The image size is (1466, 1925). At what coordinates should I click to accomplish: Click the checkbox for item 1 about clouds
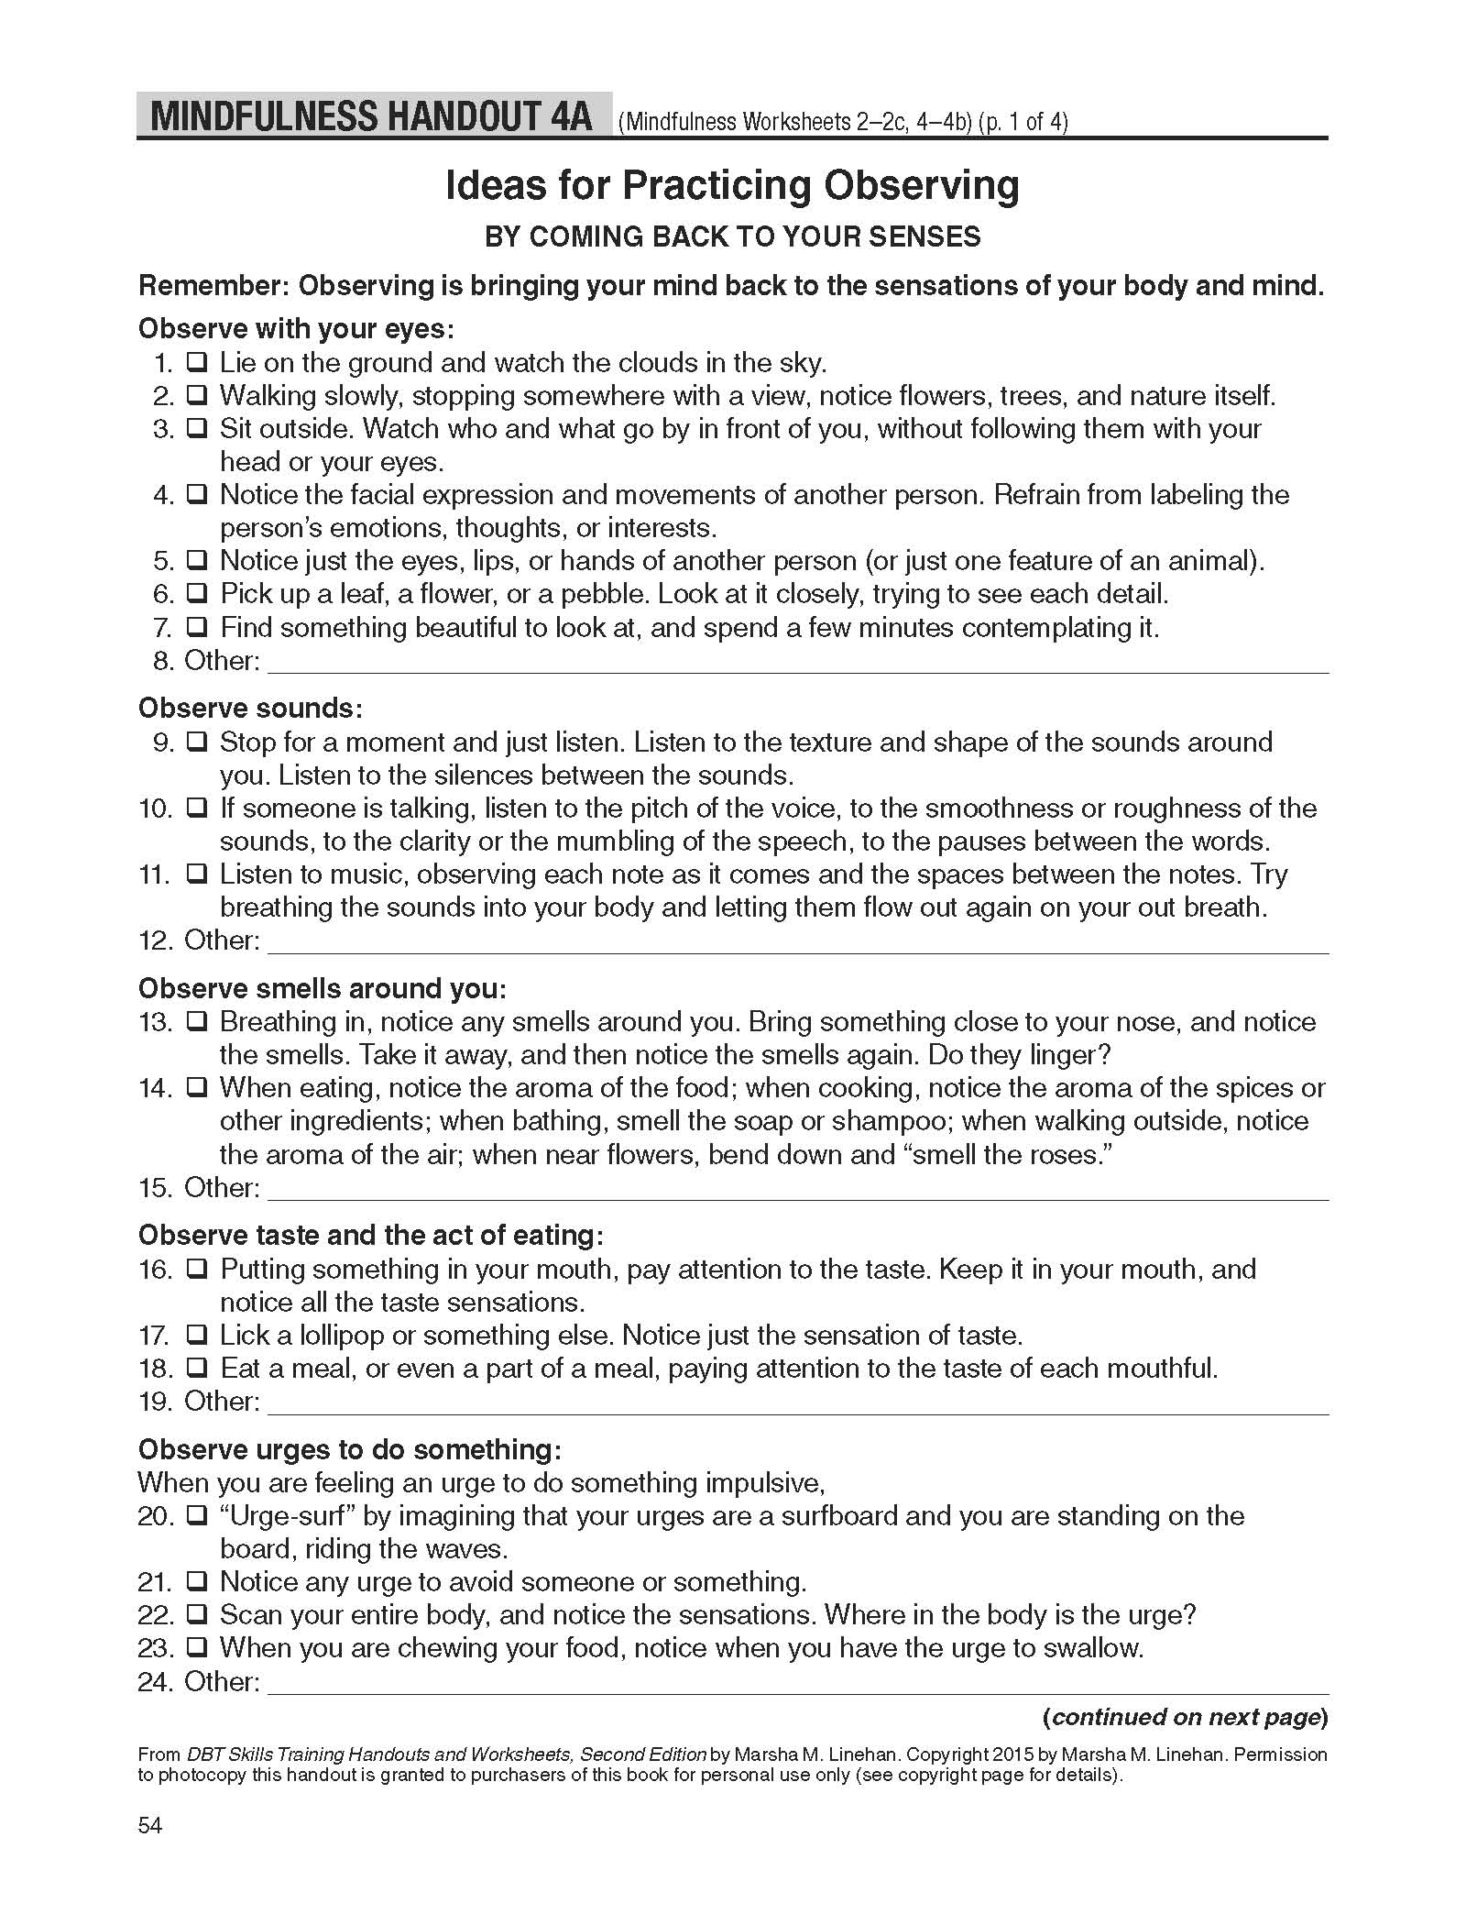196,363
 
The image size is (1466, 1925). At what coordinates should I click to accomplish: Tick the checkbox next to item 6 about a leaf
196,594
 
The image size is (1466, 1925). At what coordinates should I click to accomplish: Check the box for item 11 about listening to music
196,874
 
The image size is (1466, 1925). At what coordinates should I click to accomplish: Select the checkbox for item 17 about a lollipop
196,1336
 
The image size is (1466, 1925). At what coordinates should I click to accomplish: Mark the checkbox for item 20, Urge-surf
196,1516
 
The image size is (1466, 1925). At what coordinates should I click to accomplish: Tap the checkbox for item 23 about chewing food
196,1648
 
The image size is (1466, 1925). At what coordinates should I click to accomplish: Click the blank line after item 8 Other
797,664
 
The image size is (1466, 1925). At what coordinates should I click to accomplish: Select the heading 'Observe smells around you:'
322,988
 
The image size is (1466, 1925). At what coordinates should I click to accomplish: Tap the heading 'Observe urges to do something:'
349,1449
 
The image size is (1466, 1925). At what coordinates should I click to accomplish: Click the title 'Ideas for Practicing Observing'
732,186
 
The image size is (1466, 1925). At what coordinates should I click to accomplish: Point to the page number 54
150,1825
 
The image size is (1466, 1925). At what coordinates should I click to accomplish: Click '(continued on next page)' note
1185,1717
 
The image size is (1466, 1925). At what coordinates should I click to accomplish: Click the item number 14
155,1088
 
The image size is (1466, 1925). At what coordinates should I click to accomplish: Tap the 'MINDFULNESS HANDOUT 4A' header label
373,117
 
